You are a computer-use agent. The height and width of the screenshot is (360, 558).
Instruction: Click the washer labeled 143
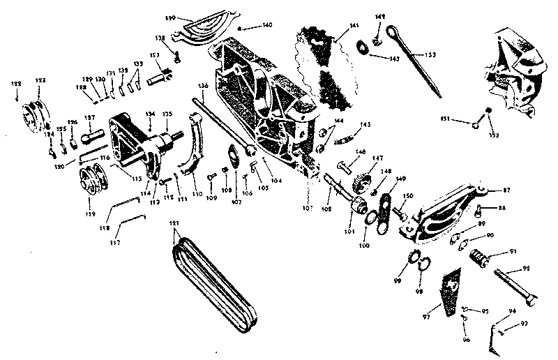pos(363,47)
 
